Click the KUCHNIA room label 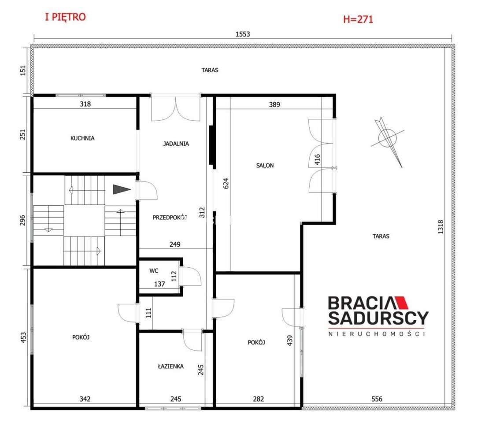[82, 138]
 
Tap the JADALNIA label [176, 144]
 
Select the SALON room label [265, 166]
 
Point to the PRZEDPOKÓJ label [170, 218]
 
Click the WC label [154, 271]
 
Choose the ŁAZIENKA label [171, 366]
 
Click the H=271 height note [358, 19]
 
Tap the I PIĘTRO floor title [65, 17]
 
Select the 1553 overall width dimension [242, 34]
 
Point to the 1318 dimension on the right [441, 227]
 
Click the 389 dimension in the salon [274, 104]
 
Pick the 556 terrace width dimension [377, 399]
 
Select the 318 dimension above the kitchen [85, 104]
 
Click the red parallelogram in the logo [400, 303]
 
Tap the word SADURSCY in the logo [378, 318]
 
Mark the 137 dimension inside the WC [159, 284]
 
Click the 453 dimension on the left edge [23, 337]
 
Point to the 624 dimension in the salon [226, 183]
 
